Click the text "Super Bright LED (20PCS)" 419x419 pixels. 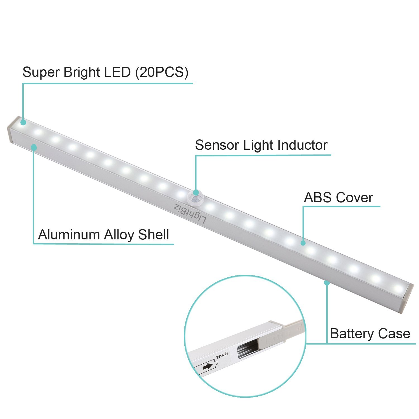click(x=105, y=72)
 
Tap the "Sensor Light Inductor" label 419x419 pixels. click(x=261, y=145)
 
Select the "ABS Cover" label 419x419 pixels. click(x=338, y=198)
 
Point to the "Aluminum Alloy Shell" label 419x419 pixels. click(x=103, y=235)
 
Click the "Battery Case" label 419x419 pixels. click(x=370, y=334)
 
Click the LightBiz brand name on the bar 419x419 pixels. click(x=190, y=214)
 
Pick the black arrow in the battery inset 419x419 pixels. click(x=207, y=366)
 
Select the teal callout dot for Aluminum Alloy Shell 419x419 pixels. click(x=34, y=147)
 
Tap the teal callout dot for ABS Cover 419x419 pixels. click(x=303, y=243)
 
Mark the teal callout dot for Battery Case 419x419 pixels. click(x=327, y=283)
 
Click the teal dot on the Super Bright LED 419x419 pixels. click(x=23, y=122)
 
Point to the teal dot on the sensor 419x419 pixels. click(x=196, y=192)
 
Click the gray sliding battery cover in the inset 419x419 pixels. click(x=279, y=335)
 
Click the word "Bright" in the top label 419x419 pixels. click(x=81, y=72)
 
